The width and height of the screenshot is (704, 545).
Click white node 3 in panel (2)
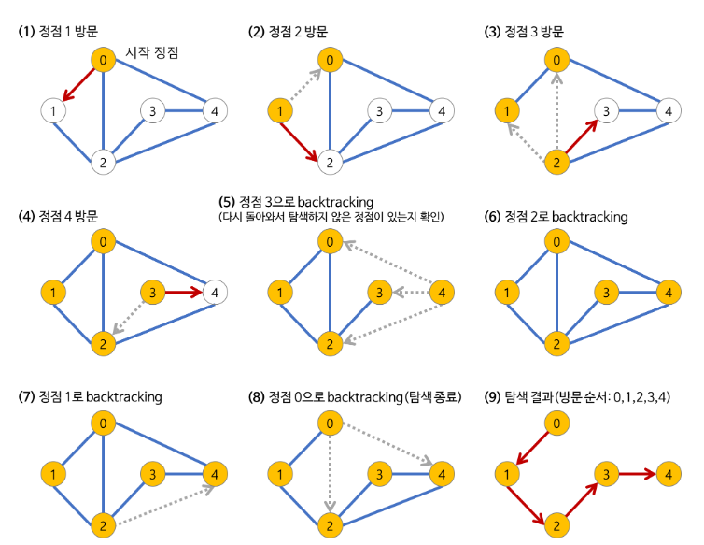(376, 112)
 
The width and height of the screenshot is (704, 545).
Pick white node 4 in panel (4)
(214, 292)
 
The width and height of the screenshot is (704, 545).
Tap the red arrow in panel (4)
(183, 292)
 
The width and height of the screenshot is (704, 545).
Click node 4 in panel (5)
(441, 293)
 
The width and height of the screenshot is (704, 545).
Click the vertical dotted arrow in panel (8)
(329, 471)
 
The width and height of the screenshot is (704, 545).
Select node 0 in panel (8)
(329, 423)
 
